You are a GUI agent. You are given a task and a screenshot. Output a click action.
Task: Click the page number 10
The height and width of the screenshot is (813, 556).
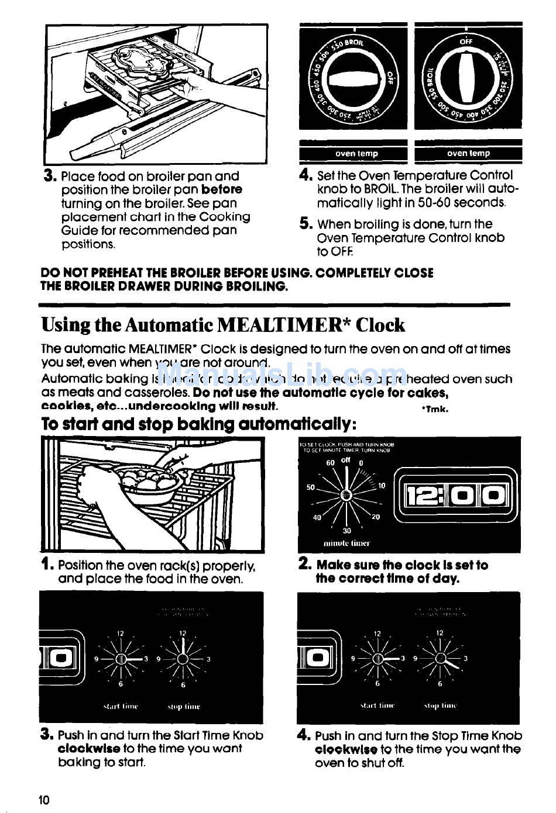(x=44, y=800)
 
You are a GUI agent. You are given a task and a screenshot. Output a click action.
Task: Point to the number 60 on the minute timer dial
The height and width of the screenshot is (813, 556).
(x=330, y=463)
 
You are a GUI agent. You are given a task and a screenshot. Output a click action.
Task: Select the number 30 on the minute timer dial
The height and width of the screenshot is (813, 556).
(x=347, y=531)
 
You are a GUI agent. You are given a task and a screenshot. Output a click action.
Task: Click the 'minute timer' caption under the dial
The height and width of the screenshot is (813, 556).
(x=346, y=543)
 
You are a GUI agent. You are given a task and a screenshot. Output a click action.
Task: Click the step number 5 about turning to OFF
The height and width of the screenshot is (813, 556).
(x=306, y=224)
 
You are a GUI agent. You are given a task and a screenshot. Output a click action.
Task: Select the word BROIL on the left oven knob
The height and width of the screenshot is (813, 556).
(x=353, y=43)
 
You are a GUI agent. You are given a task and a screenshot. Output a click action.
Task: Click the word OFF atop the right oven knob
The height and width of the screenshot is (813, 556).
(x=466, y=41)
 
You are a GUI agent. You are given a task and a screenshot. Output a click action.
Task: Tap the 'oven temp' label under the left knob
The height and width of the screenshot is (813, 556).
(x=356, y=154)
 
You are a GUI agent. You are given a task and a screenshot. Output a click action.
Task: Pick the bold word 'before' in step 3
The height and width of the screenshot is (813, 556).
(x=221, y=189)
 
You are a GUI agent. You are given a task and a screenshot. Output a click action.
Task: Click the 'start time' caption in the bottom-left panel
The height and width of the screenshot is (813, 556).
(x=120, y=706)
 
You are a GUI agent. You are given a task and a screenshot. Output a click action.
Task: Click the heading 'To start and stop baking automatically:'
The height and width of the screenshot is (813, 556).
(x=199, y=424)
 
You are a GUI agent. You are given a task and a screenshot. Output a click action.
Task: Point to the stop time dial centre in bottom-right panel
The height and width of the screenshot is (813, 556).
(x=440, y=658)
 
